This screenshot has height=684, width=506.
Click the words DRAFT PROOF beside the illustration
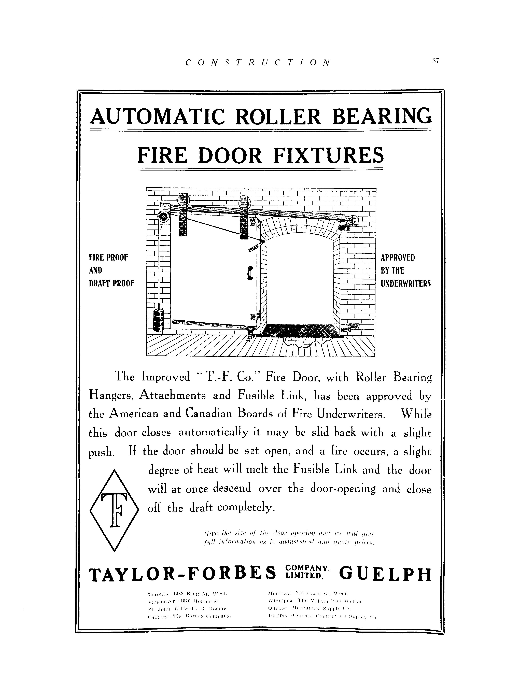pyautogui.click(x=111, y=283)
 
